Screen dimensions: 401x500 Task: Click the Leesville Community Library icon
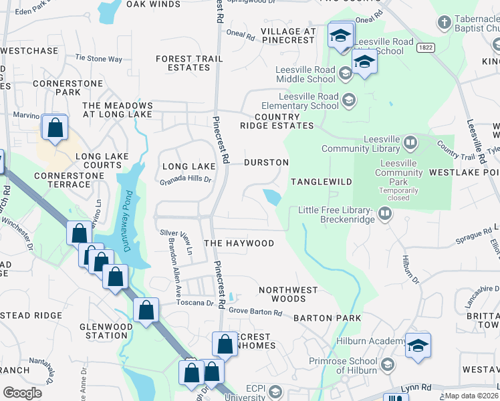click(x=410, y=142)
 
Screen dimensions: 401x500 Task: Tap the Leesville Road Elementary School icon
click(x=348, y=101)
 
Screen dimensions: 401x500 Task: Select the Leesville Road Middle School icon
click(x=346, y=73)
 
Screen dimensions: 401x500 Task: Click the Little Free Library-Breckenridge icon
click(x=384, y=214)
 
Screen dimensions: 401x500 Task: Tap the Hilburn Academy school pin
click(x=418, y=346)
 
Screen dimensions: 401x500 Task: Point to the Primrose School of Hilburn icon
click(x=387, y=365)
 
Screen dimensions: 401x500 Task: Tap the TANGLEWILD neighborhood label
click(x=317, y=182)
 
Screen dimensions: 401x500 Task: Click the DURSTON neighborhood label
click(x=266, y=162)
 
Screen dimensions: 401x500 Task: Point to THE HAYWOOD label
click(x=239, y=243)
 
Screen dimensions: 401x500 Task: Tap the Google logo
click(x=22, y=392)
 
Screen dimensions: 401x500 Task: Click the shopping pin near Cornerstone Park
click(x=54, y=127)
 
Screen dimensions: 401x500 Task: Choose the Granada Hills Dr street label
click(x=185, y=180)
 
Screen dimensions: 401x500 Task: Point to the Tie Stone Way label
click(x=98, y=59)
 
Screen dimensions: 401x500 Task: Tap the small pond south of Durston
click(x=272, y=197)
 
